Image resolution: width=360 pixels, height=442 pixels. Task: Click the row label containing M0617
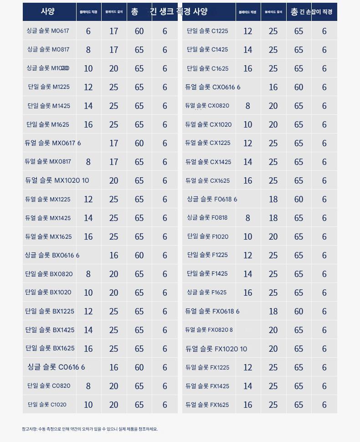[48, 31]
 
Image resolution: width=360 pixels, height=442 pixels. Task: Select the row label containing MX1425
[48, 218]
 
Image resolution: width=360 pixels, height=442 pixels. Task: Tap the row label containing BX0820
[49, 274]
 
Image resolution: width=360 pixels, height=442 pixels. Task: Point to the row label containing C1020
[47, 405]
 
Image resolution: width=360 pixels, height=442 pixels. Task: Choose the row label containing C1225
[207, 31]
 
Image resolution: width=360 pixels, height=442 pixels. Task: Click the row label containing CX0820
[207, 106]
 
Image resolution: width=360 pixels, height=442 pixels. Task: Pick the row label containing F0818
[207, 218]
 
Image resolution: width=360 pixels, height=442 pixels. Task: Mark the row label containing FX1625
[207, 405]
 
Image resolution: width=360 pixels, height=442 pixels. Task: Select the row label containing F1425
[207, 274]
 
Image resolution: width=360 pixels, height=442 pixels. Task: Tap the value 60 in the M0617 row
[139, 31]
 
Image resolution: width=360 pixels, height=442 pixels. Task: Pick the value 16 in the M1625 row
[88, 125]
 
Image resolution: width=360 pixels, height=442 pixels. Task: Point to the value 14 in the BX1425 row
[88, 330]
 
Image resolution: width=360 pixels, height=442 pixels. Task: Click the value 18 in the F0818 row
[273, 218]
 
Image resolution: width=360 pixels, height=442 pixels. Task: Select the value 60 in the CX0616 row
[298, 87]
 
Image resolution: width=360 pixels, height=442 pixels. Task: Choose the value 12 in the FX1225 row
[247, 368]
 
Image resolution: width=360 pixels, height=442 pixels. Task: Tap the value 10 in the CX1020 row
[247, 125]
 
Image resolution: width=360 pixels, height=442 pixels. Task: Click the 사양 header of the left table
[48, 12]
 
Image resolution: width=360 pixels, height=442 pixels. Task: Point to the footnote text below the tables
[90, 429]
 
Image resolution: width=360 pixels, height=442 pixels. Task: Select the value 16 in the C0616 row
[113, 368]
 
